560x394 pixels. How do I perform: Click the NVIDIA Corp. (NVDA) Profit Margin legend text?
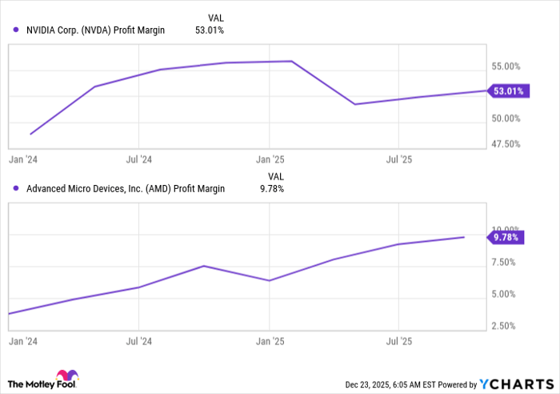click(x=95, y=30)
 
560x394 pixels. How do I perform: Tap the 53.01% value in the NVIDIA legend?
click(x=210, y=30)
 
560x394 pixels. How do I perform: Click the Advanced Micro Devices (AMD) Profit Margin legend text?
click(x=126, y=189)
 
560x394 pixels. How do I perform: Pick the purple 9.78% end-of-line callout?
click(x=506, y=237)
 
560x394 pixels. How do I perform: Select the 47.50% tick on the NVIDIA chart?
click(x=505, y=144)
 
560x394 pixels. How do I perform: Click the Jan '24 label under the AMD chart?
click(x=23, y=341)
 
